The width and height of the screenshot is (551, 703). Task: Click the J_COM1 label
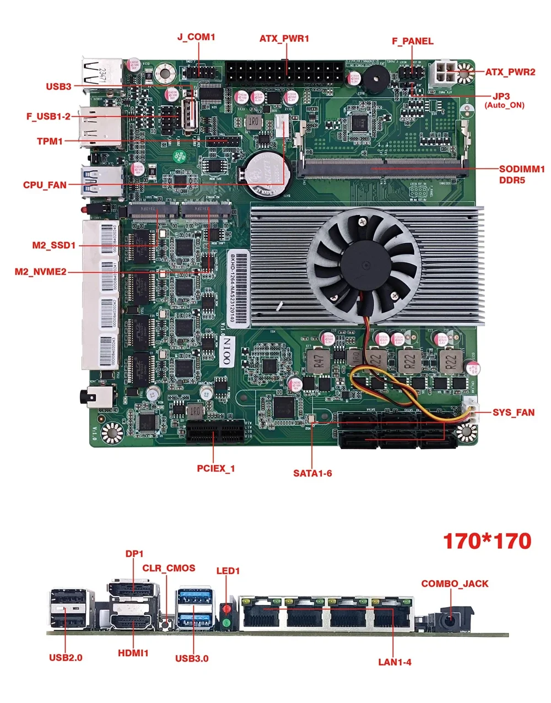coord(196,37)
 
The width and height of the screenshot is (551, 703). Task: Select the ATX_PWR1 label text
coord(284,39)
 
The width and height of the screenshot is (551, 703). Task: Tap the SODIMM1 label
coord(521,169)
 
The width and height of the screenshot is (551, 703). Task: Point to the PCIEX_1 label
coord(216,469)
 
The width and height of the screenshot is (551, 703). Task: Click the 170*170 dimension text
coord(487,541)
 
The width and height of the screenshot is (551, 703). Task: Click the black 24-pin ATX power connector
coord(284,71)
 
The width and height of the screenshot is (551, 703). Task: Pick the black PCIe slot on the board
coord(216,431)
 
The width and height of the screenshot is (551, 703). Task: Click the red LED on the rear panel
coord(226,610)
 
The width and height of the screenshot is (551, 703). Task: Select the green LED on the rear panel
coord(226,624)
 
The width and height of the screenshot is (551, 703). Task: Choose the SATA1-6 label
coord(312,473)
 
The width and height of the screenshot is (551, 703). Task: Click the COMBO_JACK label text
coord(455,583)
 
